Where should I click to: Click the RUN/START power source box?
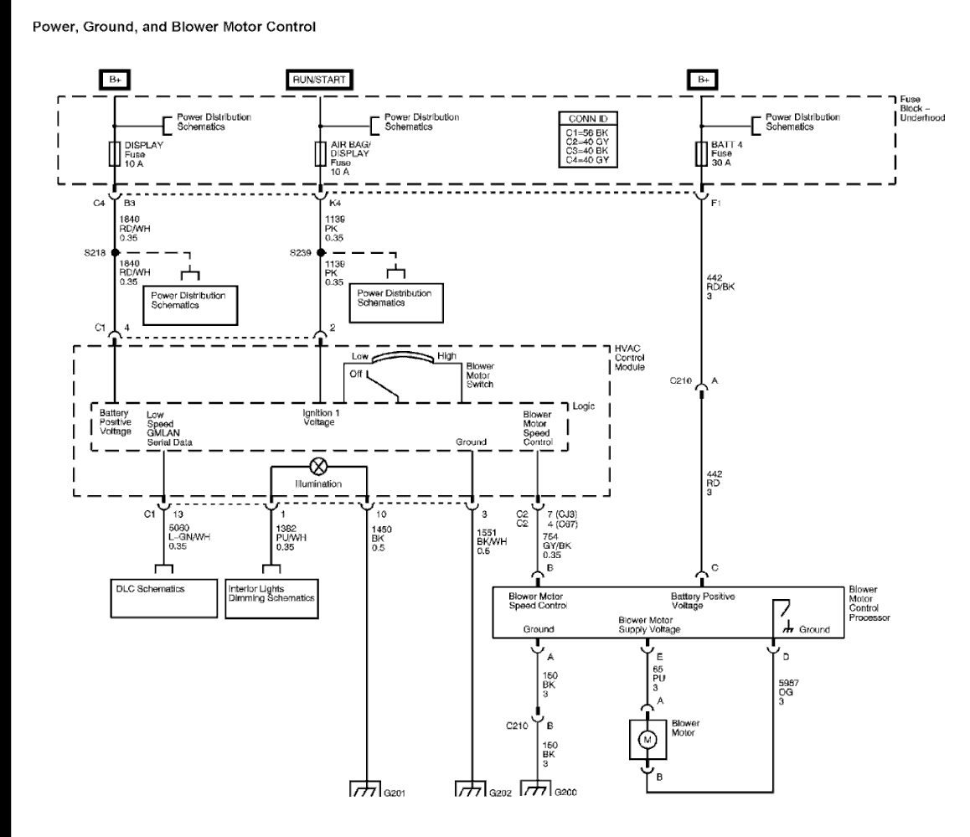pos(318,80)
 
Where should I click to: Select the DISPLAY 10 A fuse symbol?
pos(115,154)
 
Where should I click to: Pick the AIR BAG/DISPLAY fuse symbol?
pos(318,154)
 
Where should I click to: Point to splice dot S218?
pos(115,251)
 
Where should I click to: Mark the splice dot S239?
pos(320,251)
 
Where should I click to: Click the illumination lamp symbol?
pos(318,467)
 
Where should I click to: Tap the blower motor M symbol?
pos(647,736)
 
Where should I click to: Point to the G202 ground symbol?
pos(469,789)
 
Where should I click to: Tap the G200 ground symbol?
pos(536,789)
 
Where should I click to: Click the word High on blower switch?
pos(446,356)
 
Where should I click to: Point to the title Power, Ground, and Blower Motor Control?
pos(173,27)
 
